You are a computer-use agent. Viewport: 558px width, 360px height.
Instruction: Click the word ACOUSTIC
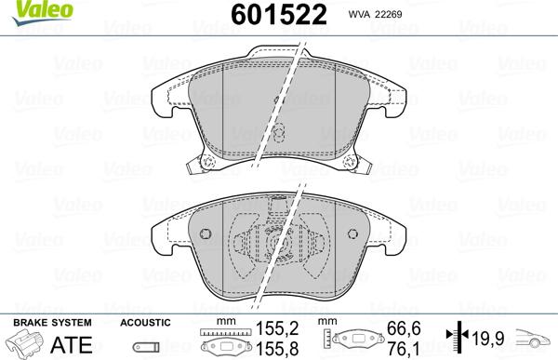pos(145,322)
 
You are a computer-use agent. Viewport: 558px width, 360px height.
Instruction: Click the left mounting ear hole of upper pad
pos(207,166)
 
